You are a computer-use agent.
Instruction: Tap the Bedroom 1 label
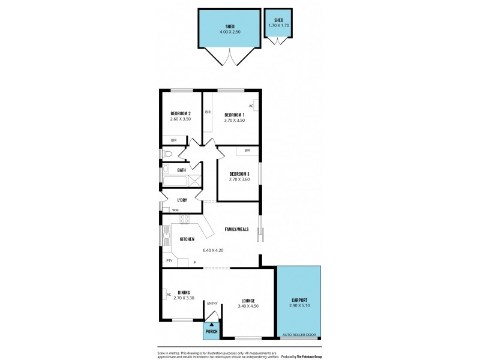coord(234,115)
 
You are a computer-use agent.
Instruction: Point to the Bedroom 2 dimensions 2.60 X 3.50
coord(181,119)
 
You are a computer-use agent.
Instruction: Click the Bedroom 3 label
coord(239,173)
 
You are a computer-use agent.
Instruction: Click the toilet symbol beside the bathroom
coord(167,154)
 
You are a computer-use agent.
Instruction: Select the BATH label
coord(181,170)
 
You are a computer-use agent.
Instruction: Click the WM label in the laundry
coord(175,210)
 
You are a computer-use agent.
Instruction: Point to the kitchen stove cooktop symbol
coord(185,218)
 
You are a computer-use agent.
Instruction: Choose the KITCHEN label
coord(187,239)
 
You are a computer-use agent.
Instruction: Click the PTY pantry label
coord(169,260)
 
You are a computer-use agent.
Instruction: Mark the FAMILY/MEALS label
coord(236,229)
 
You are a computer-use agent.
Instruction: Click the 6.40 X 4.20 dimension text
coord(213,250)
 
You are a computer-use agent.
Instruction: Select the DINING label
coord(184,292)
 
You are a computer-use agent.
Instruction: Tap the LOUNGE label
coord(248,301)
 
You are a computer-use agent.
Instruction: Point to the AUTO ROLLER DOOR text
coord(299,334)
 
